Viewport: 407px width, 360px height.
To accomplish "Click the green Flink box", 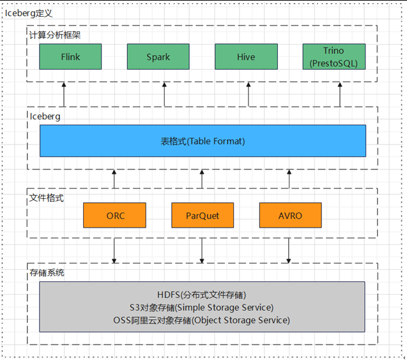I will (70, 57).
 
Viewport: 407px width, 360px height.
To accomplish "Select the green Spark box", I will (158, 57).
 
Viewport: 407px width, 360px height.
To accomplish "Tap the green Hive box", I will (246, 57).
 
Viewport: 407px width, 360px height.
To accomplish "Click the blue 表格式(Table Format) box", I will (203, 141).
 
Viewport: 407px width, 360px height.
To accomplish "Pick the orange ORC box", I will (115, 215).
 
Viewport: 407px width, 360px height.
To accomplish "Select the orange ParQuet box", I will (203, 215).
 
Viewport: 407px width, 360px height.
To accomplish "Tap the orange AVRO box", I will (290, 215).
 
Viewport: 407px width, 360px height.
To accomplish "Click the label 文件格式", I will (47, 198).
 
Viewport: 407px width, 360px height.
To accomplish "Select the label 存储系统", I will (47, 273).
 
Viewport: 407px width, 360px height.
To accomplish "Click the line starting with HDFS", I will (202, 295).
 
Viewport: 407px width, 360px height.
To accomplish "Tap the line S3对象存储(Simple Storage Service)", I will (202, 307).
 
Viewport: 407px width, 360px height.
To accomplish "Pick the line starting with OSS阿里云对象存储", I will (202, 319).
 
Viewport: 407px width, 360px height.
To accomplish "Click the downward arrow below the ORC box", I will (114, 250).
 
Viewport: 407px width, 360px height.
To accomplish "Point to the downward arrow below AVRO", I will (289, 250).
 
